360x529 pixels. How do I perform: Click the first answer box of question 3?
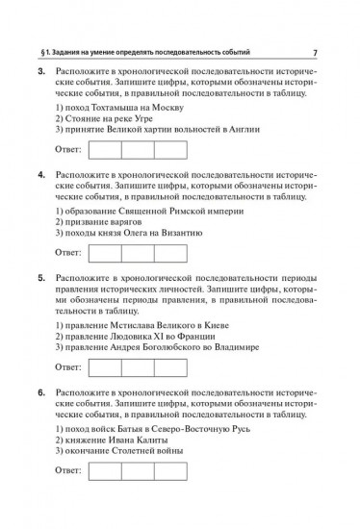click(106, 148)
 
